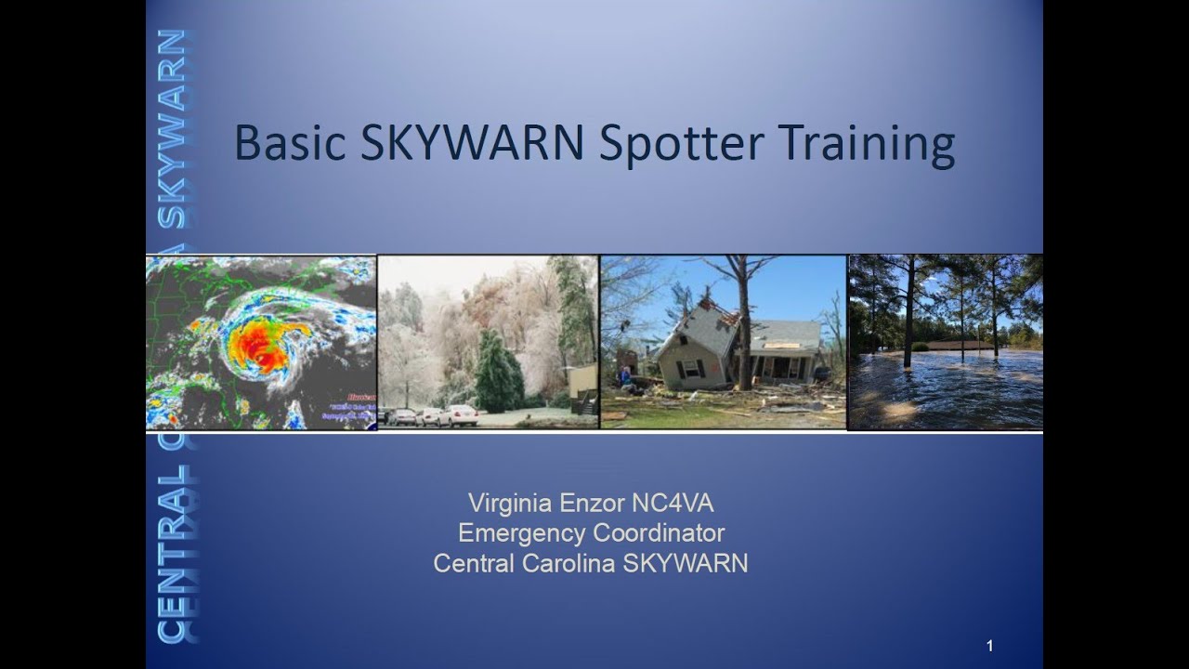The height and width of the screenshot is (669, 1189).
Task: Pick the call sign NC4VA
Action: click(x=673, y=505)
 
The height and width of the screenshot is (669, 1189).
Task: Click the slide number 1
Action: click(x=990, y=646)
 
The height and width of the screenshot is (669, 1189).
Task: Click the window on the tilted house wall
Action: click(x=691, y=369)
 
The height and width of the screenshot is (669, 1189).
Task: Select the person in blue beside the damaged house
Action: click(x=625, y=376)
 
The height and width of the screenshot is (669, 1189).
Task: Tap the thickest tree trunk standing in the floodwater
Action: click(x=908, y=316)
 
